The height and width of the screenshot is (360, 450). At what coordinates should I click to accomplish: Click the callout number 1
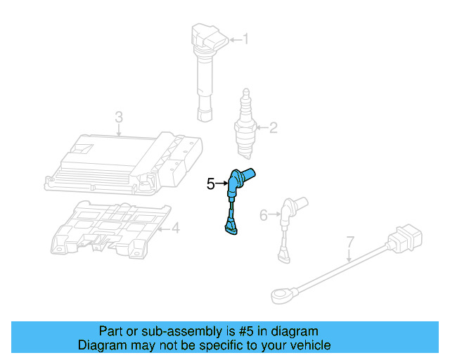(245, 39)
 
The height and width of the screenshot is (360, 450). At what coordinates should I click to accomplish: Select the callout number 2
(273, 127)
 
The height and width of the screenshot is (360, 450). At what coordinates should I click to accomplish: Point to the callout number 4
(176, 228)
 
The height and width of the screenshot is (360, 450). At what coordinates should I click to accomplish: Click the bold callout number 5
(210, 184)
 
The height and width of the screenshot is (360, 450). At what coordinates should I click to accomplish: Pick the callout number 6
(264, 214)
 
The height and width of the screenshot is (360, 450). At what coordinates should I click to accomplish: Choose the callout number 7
(350, 245)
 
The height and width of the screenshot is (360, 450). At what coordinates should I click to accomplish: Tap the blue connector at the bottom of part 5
(230, 226)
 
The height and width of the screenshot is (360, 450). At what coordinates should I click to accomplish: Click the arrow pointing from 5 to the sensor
(221, 184)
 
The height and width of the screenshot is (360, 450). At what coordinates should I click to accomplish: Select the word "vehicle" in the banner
(309, 345)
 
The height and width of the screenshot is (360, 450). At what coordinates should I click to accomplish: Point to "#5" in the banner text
(251, 331)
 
